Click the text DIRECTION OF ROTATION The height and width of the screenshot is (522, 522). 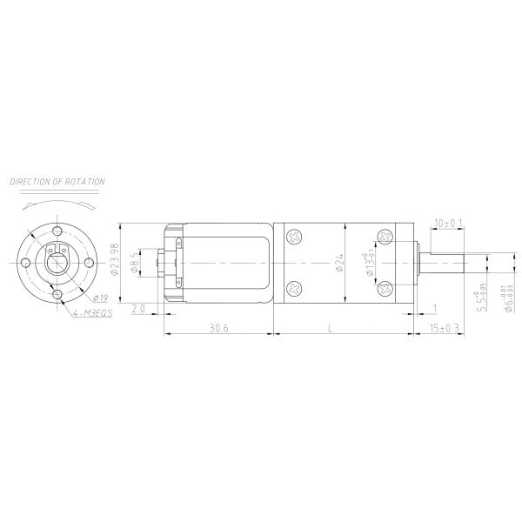pyautogui.click(x=57, y=182)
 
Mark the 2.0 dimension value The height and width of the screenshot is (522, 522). pyautogui.click(x=138, y=311)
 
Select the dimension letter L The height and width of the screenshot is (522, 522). pyautogui.click(x=329, y=327)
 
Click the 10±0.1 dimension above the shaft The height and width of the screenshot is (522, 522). pyautogui.click(x=448, y=224)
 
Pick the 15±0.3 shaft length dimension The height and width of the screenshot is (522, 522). pyautogui.click(x=445, y=327)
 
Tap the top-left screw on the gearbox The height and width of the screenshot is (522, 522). pyautogui.click(x=295, y=236)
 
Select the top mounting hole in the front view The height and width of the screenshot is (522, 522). pyautogui.click(x=57, y=231)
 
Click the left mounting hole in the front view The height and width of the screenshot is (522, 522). pyautogui.click(x=25, y=262)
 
